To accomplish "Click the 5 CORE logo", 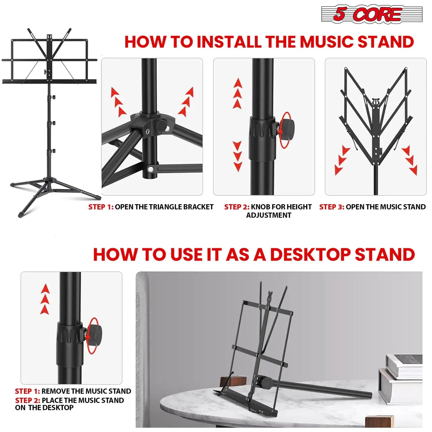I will pos(372,14).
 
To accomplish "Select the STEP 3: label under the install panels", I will pos(332,207).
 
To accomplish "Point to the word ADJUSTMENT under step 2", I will pos(268,215).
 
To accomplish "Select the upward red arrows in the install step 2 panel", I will pos(238,93).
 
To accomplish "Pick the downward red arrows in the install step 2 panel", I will pos(237,156).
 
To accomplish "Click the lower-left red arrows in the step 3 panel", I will pos(341,160).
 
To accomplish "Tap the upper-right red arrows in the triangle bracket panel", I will pos(187,102).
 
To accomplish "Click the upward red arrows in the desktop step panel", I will pos(45,299).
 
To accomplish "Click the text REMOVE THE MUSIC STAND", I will pos(86,391).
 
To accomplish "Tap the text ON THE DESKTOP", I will pos(44,408).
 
